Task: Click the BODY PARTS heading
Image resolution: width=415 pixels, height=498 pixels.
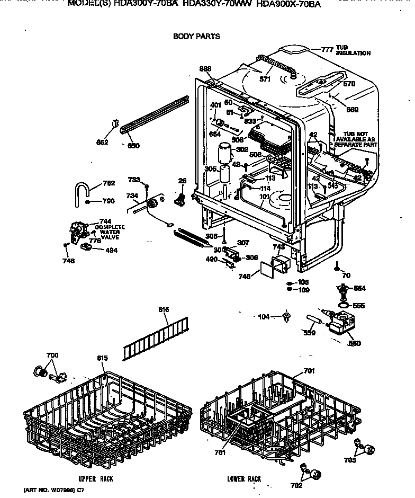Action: [x=196, y=37]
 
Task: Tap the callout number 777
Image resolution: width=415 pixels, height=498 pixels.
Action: [x=327, y=50]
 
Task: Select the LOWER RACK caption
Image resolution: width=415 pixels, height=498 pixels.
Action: [x=244, y=479]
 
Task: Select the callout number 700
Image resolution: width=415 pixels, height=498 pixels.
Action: [x=52, y=355]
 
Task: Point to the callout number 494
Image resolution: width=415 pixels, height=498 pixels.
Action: [x=111, y=250]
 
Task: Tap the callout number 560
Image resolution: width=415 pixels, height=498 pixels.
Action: [x=354, y=343]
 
